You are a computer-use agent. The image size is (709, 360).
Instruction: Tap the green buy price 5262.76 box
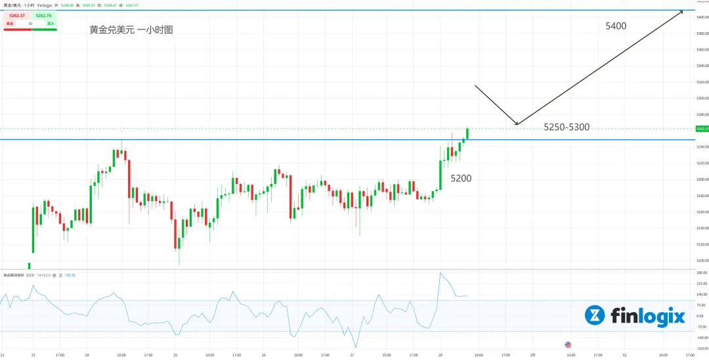(45, 15)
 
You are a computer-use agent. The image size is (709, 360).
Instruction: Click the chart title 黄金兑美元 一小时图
(131, 30)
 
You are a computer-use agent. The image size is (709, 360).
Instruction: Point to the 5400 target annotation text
(616, 26)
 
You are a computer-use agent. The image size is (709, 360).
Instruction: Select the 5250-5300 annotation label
(567, 127)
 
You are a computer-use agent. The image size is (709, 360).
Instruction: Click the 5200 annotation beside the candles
(461, 178)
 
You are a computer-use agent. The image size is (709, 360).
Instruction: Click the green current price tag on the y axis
(701, 129)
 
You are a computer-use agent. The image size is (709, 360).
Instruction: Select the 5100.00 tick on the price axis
(700, 260)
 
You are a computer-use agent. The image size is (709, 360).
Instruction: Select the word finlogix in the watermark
(648, 316)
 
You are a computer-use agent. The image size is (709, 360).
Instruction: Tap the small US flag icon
(569, 344)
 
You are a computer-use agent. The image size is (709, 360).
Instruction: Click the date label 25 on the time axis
(175, 355)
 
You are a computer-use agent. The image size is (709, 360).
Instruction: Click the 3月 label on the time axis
(532, 355)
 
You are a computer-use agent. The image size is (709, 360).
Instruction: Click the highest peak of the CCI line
(440, 273)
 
